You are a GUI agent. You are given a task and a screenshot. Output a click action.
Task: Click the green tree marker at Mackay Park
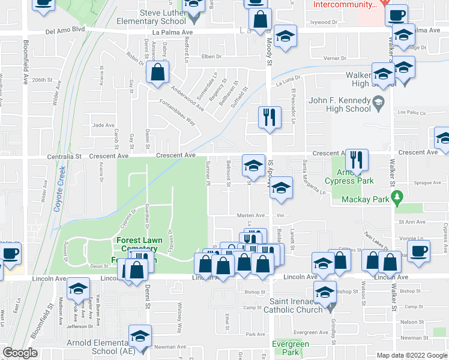coord(396,197)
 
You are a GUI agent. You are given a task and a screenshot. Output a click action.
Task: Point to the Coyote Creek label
coord(59,196)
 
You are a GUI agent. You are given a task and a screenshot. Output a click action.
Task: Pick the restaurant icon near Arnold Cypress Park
coord(357,160)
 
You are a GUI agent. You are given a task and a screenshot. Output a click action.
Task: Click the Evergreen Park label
coord(285,347)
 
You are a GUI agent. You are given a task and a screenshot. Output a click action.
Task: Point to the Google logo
coord(20,353)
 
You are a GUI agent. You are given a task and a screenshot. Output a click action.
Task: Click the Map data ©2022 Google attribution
coord(412,355)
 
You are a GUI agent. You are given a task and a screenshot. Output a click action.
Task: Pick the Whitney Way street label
coord(179,317)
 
